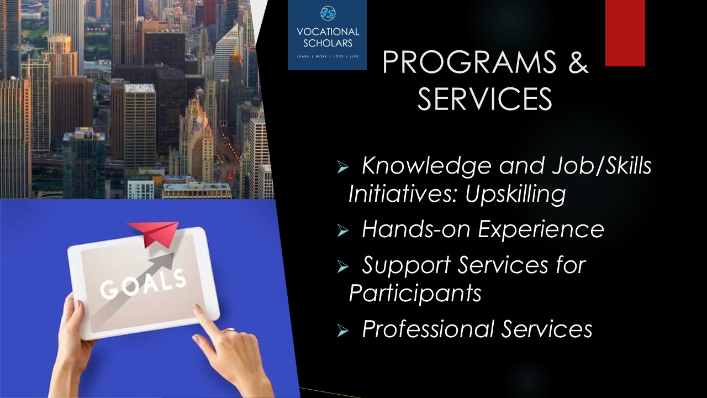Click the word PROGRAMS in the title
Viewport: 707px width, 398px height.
tap(469, 62)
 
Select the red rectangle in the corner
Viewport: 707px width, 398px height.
tap(625, 33)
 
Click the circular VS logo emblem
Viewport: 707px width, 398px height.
tap(328, 13)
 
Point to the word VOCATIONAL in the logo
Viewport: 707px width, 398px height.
tap(328, 32)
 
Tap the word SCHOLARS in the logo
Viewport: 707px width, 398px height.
tap(328, 43)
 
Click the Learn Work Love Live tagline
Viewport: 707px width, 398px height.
tap(328, 56)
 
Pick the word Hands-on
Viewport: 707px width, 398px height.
tap(416, 229)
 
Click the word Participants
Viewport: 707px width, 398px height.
tap(415, 294)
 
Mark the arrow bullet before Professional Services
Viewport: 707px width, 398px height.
tap(342, 331)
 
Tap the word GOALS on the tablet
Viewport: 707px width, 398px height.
tap(143, 285)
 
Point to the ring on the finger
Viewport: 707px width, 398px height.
tap(230, 331)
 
